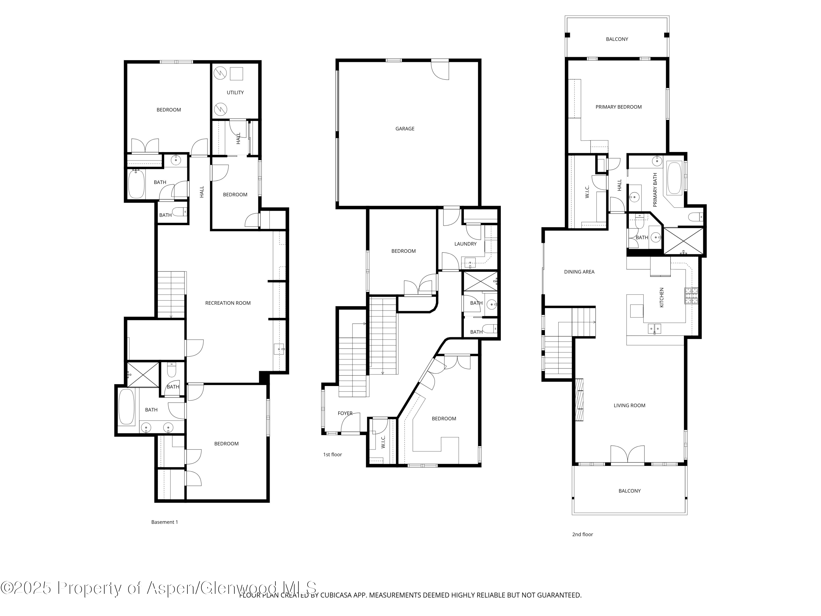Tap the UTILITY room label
tap(235, 93)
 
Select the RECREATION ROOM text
tap(228, 303)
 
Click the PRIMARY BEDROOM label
tap(618, 107)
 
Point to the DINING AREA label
tap(579, 272)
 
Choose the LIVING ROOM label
tap(629, 405)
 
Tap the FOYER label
tap(345, 413)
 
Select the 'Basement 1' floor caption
tap(164, 522)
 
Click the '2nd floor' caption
tap(582, 534)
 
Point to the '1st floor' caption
tap(332, 454)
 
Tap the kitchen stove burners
tap(691, 296)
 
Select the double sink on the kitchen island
tap(654, 329)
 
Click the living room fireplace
tap(579, 399)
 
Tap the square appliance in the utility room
tap(236, 74)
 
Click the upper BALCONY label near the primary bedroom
tap(617, 39)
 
